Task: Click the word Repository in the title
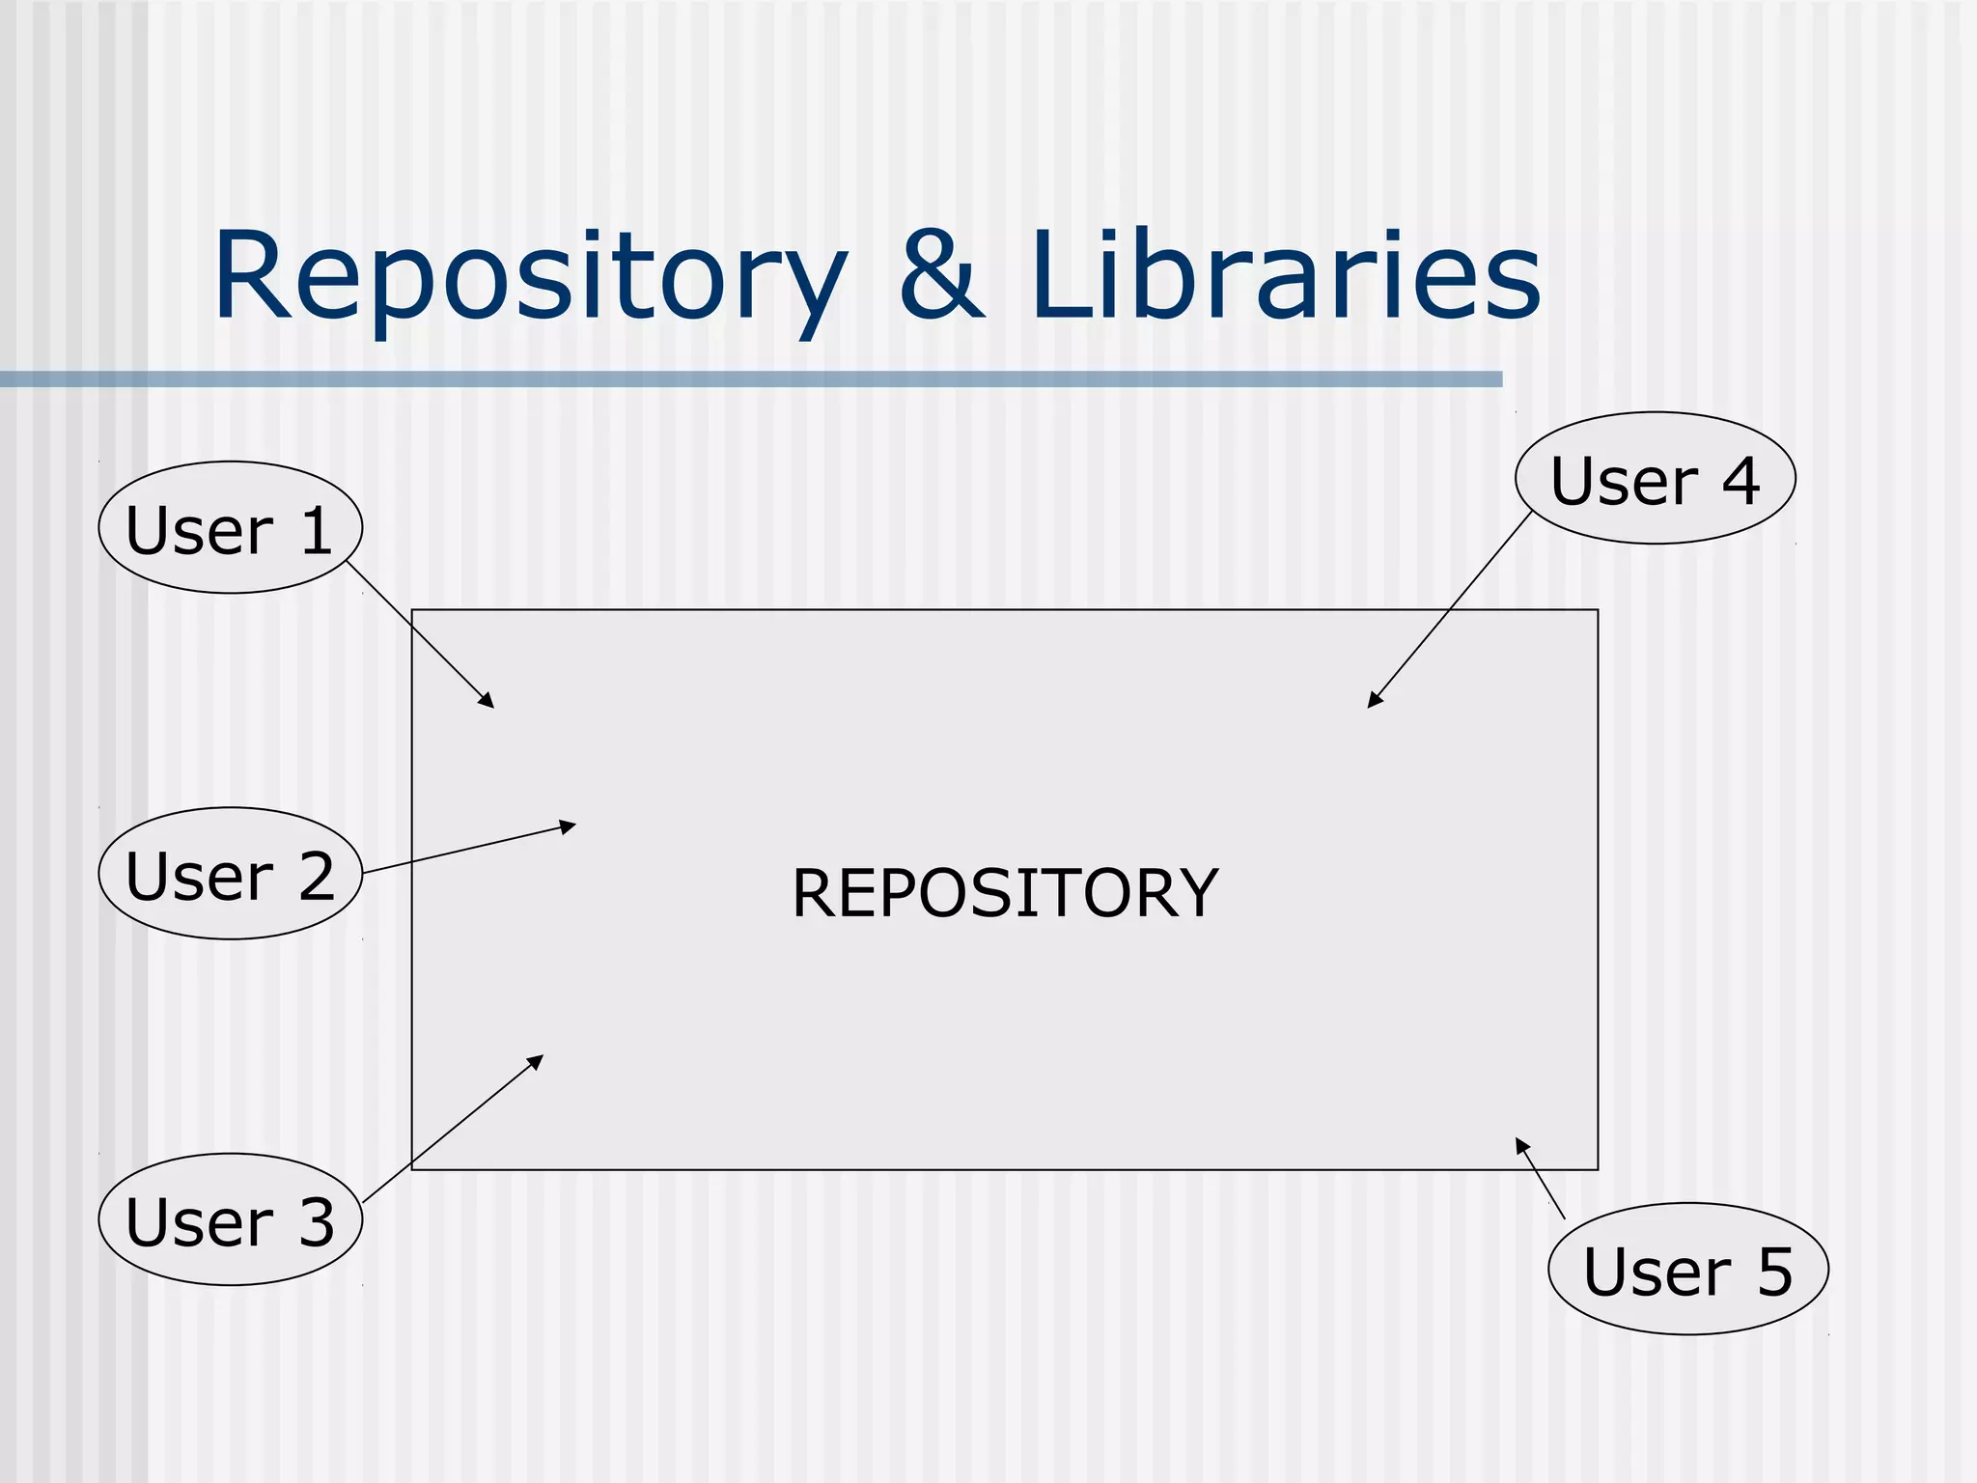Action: pos(529,278)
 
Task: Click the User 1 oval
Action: pos(230,528)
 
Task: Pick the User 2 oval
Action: pos(230,874)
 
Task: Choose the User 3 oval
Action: pos(230,1219)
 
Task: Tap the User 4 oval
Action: pos(1655,479)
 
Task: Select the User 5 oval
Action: pos(1687,1269)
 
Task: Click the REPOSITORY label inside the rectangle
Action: pos(1004,893)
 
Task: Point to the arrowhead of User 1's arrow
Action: pos(488,702)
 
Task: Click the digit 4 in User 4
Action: pos(1740,481)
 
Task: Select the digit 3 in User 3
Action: pos(316,1222)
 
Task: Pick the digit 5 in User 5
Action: pos(1774,1271)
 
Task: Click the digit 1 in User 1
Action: pos(317,530)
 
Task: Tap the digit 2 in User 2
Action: pos(316,877)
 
